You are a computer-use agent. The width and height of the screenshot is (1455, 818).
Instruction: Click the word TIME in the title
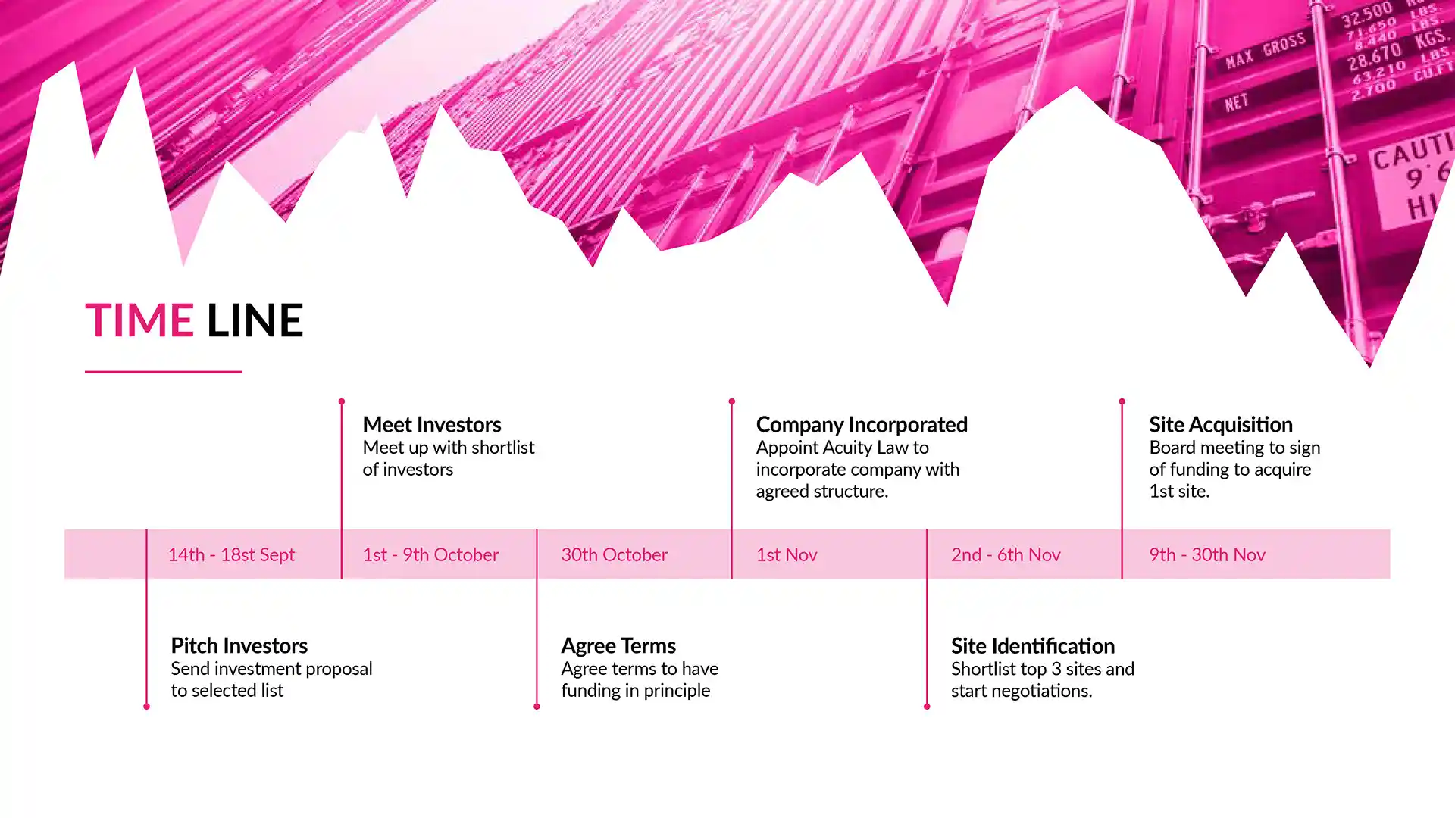(x=139, y=320)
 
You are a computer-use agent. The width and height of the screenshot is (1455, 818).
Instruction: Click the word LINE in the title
(x=255, y=320)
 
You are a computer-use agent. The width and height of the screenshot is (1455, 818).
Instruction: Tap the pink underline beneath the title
(x=164, y=372)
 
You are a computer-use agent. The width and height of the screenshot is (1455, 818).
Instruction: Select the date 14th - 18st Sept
(x=231, y=554)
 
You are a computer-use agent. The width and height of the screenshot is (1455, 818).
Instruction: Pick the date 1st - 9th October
(x=430, y=554)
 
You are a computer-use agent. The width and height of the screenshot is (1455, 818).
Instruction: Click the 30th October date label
(x=615, y=554)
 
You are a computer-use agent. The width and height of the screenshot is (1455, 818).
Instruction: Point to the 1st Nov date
(x=787, y=554)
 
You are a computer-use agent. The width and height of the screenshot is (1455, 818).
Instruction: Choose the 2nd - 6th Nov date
(x=1006, y=554)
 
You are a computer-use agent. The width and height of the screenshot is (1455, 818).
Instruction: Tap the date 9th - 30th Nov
(x=1207, y=554)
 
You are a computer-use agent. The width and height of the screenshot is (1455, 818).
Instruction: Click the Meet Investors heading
(x=432, y=424)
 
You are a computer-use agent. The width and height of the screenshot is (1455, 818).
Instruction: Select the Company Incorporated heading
(x=862, y=424)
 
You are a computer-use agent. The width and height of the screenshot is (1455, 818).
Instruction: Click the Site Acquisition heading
(x=1221, y=424)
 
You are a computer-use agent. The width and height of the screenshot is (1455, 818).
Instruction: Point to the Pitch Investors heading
(x=239, y=645)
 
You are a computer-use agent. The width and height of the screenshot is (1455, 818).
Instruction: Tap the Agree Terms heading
(x=618, y=646)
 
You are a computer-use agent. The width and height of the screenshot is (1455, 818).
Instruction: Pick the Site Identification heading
(x=1033, y=645)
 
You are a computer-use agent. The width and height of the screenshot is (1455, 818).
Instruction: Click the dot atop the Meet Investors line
(x=342, y=401)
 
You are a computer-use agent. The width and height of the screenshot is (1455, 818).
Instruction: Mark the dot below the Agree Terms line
(x=537, y=707)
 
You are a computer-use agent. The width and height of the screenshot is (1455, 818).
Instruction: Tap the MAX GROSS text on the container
(x=1266, y=51)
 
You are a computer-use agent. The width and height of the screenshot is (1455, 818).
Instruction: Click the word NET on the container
(x=1237, y=101)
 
